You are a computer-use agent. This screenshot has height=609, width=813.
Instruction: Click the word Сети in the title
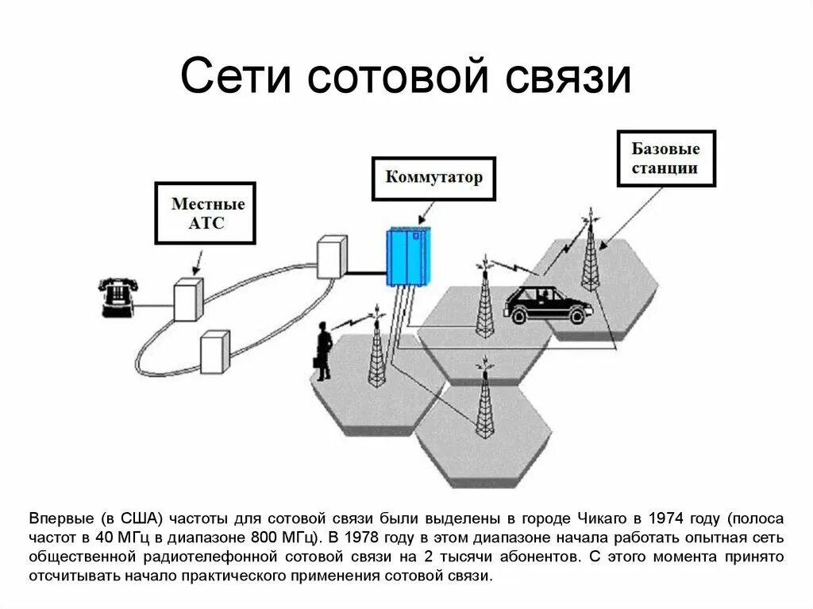click(233, 78)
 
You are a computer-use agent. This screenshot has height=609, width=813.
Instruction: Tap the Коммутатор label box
click(433, 178)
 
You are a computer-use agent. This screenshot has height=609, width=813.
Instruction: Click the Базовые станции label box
click(665, 158)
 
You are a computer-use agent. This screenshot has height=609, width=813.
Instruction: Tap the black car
click(547, 304)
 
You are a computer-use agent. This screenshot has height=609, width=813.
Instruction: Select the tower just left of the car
click(484, 303)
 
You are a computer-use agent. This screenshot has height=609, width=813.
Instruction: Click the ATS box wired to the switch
click(332, 256)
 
